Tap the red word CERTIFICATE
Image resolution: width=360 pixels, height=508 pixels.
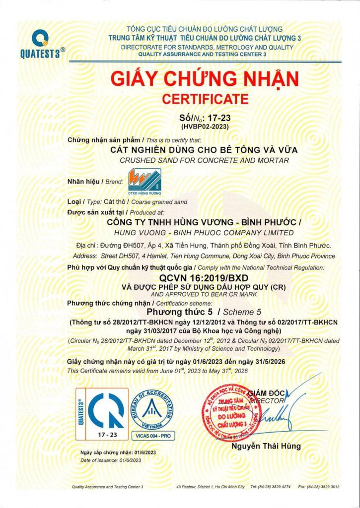(x=206, y=99)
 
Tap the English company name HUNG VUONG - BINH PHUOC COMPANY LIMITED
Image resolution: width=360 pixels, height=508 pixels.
(x=204, y=233)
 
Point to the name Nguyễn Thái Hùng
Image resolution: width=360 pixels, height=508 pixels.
(x=266, y=446)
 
